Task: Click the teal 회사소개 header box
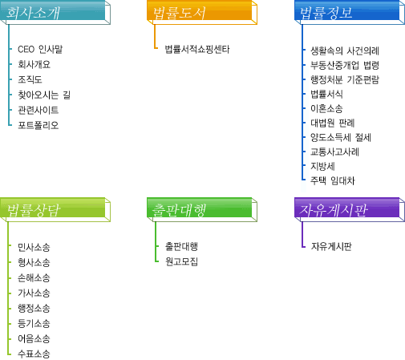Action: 55,12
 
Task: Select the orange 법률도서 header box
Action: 202,12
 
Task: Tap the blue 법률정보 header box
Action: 350,12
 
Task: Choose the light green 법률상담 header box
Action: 55,210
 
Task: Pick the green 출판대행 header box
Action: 202,210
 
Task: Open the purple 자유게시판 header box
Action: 350,210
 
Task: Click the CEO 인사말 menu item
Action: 40,49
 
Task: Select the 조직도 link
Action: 30,79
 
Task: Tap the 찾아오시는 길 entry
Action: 44,95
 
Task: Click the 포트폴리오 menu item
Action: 38,125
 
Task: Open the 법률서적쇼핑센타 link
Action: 197,49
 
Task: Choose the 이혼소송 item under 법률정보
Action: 326,108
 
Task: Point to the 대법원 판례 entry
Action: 333,123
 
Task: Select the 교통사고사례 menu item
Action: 334,152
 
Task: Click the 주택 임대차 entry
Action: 333,180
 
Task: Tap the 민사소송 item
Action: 34,247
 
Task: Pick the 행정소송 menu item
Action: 34,308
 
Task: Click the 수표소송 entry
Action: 34,354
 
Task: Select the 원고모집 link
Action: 181,261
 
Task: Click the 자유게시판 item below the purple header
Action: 331,246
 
